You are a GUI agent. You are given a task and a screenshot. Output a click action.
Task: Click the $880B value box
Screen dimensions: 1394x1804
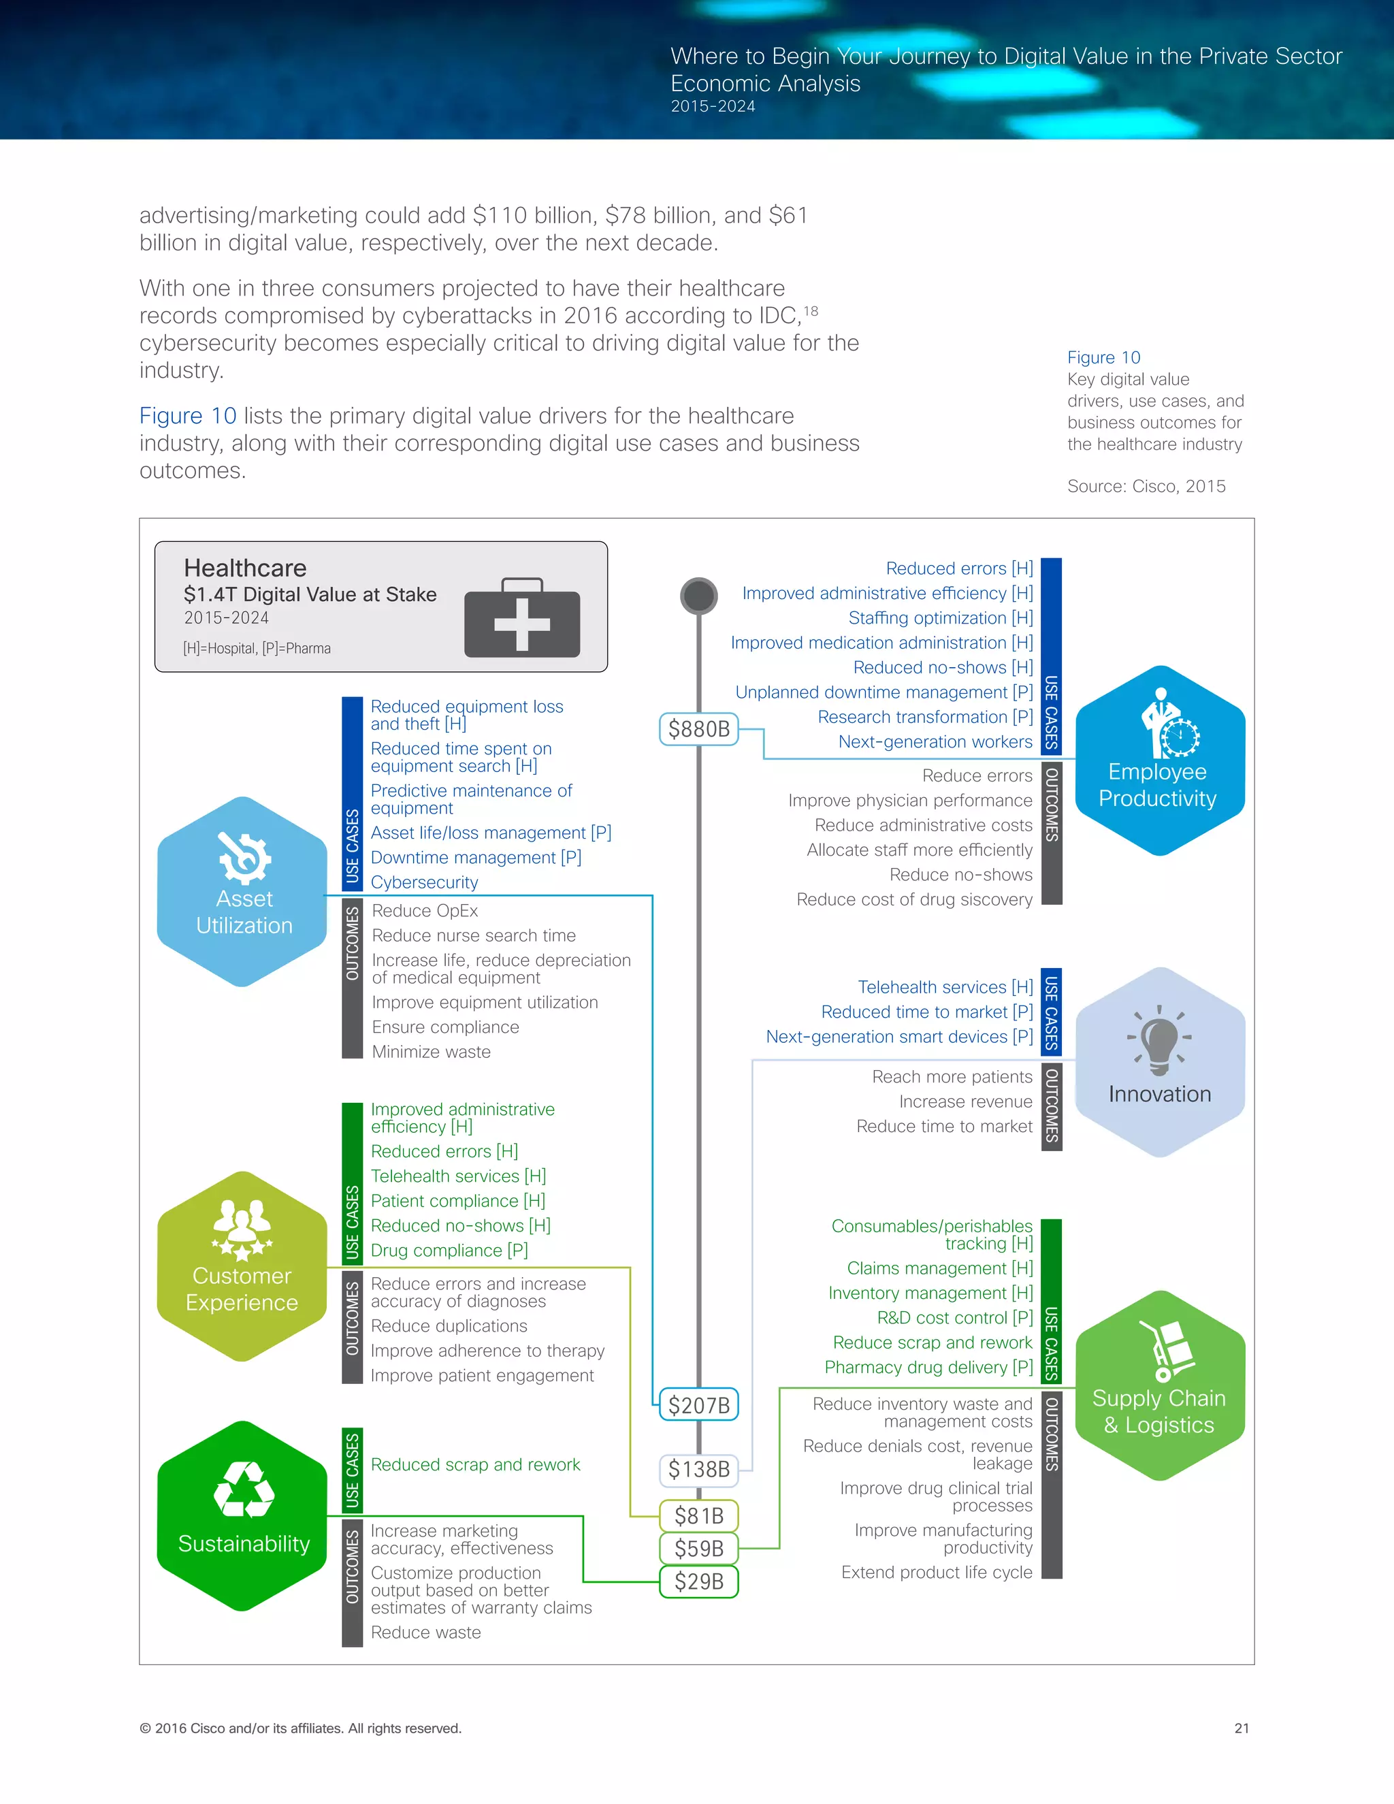[698, 728]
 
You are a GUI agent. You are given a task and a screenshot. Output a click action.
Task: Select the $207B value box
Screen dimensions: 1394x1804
[698, 1405]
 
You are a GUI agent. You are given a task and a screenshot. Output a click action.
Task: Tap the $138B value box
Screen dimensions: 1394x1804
[698, 1468]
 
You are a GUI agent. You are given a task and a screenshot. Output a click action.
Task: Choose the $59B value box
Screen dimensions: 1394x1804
[698, 1549]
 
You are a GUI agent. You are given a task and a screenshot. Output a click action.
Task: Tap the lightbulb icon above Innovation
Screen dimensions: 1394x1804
[1159, 1038]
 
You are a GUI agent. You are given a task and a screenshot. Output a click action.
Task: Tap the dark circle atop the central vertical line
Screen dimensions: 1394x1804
[698, 596]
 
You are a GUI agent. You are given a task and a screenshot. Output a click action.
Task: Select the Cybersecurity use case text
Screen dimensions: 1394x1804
[425, 882]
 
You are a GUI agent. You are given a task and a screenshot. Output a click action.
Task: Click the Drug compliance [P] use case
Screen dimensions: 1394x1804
[449, 1251]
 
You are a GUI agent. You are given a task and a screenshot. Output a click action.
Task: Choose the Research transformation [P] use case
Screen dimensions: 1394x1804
[925, 717]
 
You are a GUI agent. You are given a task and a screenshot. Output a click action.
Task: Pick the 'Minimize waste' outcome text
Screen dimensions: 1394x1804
[431, 1052]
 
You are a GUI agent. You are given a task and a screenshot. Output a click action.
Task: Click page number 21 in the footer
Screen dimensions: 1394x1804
[1242, 1728]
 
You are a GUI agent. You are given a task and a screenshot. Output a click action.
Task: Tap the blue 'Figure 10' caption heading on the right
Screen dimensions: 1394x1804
[1103, 357]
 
